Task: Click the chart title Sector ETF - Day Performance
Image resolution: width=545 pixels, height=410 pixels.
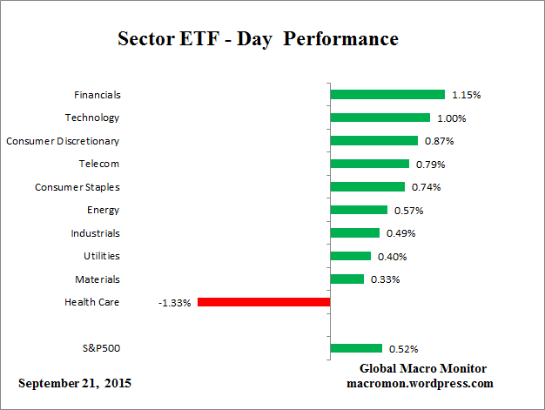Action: (257, 40)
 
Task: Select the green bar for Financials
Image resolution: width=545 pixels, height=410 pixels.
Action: (387, 94)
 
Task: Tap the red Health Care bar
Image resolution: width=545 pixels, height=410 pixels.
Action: (264, 302)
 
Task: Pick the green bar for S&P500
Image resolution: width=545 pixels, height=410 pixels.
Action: (356, 348)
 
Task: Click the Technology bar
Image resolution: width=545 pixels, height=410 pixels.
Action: (380, 118)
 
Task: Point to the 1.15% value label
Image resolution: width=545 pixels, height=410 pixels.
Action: (465, 95)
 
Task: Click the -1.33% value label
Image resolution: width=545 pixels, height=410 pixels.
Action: (175, 303)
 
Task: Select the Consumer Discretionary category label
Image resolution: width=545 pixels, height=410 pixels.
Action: (63, 141)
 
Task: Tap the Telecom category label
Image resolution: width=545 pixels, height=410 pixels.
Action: (98, 164)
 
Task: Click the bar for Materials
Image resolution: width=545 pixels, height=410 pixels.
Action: (347, 279)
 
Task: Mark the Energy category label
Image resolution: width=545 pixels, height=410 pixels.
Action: (103, 210)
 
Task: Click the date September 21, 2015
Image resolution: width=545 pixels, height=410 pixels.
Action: (75, 383)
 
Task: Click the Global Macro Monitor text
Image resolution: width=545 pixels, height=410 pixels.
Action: (423, 368)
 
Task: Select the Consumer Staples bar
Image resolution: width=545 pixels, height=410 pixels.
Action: (368, 186)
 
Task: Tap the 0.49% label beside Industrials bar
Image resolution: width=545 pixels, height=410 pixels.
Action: (400, 233)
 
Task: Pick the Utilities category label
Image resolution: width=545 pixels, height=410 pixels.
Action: (101, 256)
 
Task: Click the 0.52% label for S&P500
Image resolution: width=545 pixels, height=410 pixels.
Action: (403, 349)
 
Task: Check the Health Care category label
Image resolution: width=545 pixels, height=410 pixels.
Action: (92, 302)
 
